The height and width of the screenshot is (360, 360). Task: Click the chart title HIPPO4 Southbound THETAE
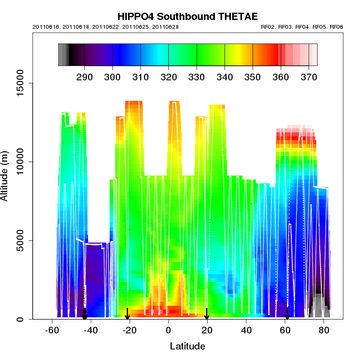coord(180,17)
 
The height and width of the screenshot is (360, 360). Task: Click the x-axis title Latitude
coord(187,347)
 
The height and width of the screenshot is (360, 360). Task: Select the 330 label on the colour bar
coord(197,76)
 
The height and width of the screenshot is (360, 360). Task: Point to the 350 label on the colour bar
coord(253,76)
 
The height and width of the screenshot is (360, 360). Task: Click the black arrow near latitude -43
coord(84,313)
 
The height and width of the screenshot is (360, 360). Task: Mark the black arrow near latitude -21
coord(127,313)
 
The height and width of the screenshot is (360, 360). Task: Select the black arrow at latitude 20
coord(207,313)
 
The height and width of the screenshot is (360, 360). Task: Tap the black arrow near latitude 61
coord(287,313)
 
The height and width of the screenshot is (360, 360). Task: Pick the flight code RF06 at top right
coord(336,27)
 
